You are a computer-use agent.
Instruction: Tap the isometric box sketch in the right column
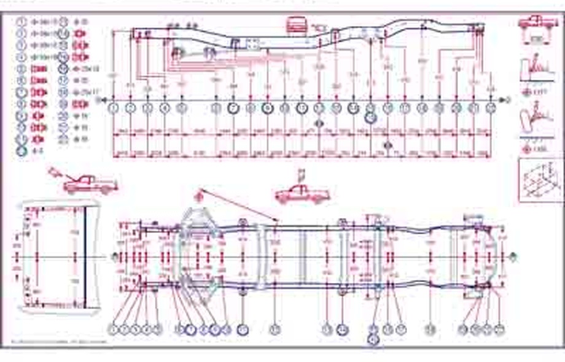pyautogui.click(x=540, y=180)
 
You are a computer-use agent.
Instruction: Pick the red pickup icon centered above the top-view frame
pyautogui.click(x=302, y=194)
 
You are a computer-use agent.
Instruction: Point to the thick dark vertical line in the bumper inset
pyautogui.click(x=85, y=256)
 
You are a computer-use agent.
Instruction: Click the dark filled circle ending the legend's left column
pyautogui.click(x=21, y=149)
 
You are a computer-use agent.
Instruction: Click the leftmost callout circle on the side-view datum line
pyautogui.click(x=114, y=108)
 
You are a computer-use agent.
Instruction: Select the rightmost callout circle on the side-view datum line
pyautogui.click(x=490, y=108)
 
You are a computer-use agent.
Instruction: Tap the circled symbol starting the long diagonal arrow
pyautogui.click(x=199, y=197)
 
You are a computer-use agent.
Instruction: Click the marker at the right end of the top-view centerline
pyautogui.click(x=513, y=257)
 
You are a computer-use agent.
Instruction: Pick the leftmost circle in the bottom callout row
pyautogui.click(x=115, y=329)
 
